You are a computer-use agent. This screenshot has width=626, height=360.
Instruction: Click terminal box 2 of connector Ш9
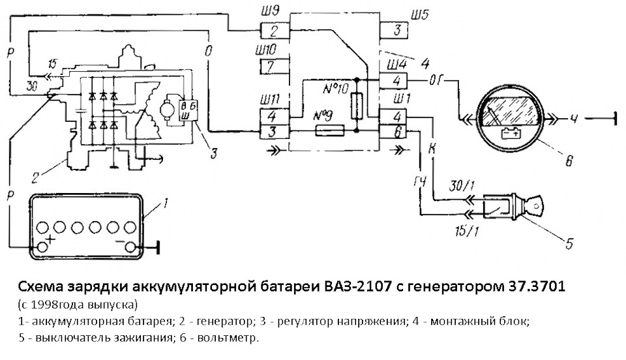click(274, 31)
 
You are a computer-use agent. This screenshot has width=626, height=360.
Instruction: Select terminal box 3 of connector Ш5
click(395, 31)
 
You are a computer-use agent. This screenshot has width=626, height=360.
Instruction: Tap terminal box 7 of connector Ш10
click(274, 66)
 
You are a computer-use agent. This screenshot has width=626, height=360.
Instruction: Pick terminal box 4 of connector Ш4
click(395, 81)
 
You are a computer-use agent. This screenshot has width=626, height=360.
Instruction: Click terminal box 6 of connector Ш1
click(395, 131)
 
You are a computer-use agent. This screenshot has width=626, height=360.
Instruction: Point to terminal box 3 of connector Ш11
click(274, 131)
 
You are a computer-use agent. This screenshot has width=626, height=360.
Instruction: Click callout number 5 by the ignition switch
click(569, 245)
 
